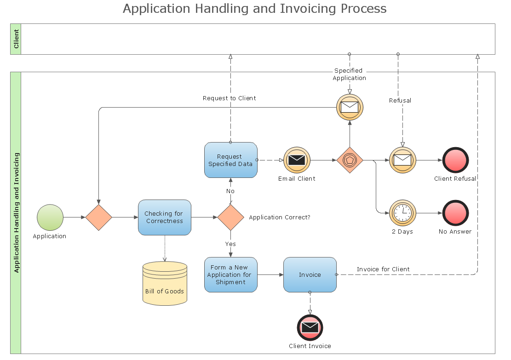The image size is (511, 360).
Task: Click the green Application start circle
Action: coord(50,217)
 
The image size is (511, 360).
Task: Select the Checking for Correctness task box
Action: coord(164,217)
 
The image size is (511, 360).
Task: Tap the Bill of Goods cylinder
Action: coord(165,283)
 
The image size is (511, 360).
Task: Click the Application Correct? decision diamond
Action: coord(230,217)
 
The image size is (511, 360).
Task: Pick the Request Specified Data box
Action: coord(230,160)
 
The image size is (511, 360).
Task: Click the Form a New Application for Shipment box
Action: coord(230,274)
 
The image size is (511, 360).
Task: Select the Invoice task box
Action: coord(310,274)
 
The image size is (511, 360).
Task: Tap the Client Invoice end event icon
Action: coord(310,327)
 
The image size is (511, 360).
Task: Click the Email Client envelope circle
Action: coord(297,160)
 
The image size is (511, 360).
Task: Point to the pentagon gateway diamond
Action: coord(350,160)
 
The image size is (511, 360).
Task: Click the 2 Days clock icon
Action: coord(402,213)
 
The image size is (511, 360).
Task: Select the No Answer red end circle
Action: coord(455,213)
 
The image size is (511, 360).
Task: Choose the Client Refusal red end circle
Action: coord(455,160)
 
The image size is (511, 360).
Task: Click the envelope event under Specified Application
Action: coord(350,107)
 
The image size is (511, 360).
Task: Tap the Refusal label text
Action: coord(400,100)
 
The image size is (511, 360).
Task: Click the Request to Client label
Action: coord(229,98)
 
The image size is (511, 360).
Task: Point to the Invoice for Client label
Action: coord(383,269)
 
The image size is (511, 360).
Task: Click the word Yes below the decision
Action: coord(230,243)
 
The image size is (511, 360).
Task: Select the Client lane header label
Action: coord(16,39)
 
